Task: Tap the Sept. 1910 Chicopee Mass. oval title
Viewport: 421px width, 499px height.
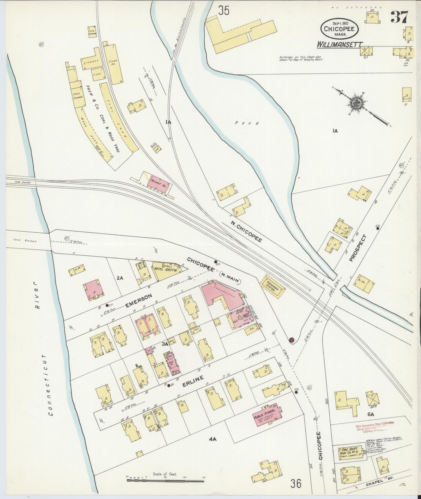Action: pos(340,29)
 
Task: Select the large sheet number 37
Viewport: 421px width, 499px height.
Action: pos(399,17)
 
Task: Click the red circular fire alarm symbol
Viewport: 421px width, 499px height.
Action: pos(292,340)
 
